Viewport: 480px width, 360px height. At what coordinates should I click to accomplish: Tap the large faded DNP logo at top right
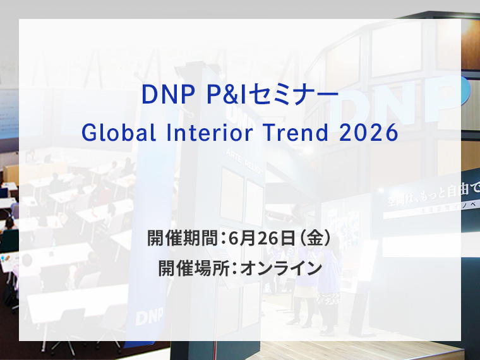coord(404,101)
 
